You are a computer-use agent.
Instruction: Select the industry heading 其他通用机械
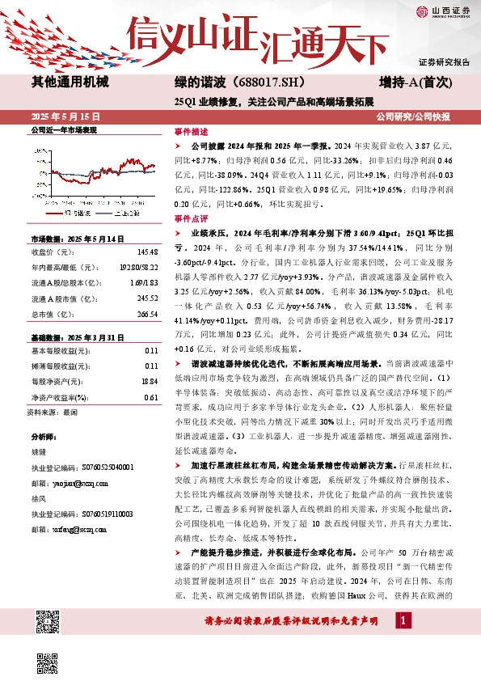70,82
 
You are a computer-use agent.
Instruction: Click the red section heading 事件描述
192,131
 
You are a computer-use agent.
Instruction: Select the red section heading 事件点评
192,218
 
